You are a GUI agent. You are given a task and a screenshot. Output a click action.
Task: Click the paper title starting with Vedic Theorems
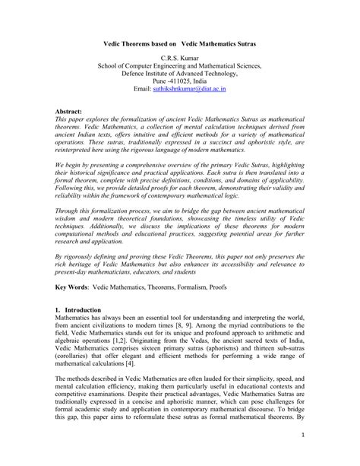(x=179, y=45)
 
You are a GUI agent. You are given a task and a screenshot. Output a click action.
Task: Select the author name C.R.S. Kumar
(x=180, y=59)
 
